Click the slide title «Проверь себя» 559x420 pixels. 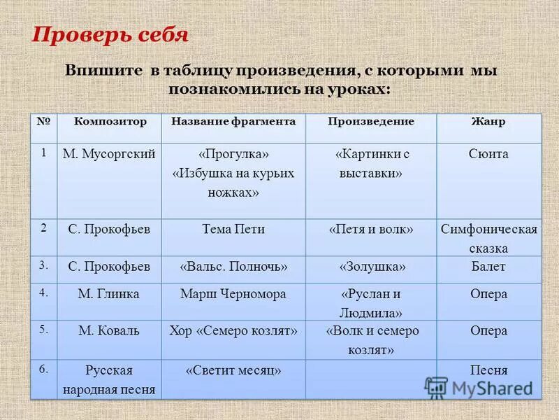110,35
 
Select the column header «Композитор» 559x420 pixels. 110,122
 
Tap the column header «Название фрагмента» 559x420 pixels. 233,122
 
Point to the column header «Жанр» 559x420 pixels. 488,122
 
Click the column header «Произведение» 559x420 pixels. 371,122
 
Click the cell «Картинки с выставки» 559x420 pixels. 371,164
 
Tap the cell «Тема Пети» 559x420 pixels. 233,229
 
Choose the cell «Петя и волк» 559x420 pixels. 371,229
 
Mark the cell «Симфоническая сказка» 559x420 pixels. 488,239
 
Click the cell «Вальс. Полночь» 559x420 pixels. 233,267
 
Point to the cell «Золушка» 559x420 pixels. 371,267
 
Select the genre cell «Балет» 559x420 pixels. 488,267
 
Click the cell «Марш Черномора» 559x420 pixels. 233,294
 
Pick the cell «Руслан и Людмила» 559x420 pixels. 371,303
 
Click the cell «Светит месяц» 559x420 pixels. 233,370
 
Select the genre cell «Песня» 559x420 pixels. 488,370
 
